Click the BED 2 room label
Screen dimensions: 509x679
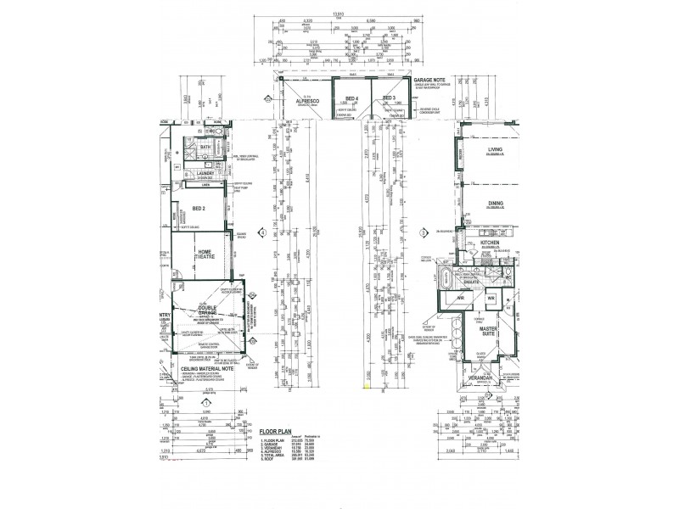197,208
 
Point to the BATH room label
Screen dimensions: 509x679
205,147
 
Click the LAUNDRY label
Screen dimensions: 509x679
205,172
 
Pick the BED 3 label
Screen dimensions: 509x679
390,99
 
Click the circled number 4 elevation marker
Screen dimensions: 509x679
264,232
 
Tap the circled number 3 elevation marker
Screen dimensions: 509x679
422,232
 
